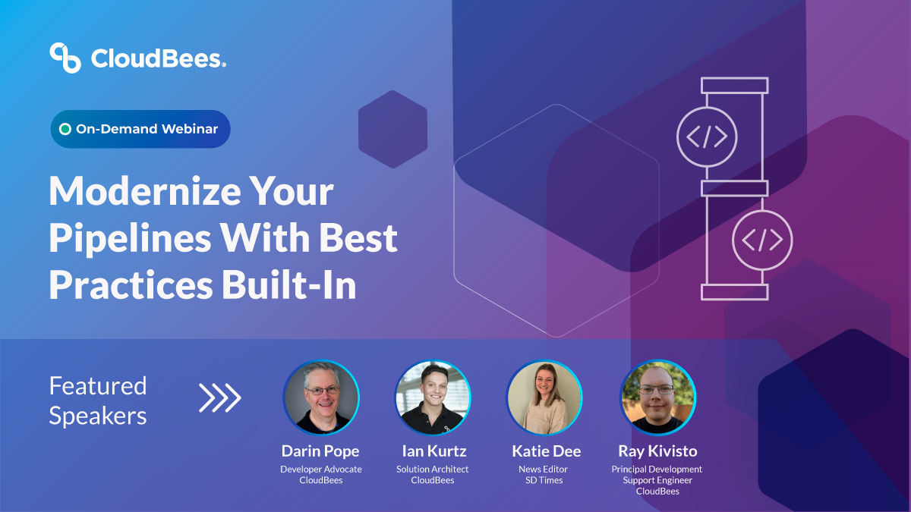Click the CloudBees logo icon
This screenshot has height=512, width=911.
pyautogui.click(x=65, y=58)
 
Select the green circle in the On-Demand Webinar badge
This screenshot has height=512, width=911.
pyautogui.click(x=65, y=129)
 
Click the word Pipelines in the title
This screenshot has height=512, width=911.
pyautogui.click(x=128, y=239)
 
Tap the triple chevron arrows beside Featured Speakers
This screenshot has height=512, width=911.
pyautogui.click(x=219, y=397)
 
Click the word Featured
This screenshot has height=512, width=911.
pyautogui.click(x=97, y=386)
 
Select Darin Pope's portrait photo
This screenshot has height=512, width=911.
pyautogui.click(x=321, y=397)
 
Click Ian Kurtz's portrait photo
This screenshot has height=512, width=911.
pyautogui.click(x=433, y=397)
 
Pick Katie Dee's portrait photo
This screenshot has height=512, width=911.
pyautogui.click(x=544, y=397)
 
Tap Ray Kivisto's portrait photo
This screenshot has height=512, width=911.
pyautogui.click(x=657, y=397)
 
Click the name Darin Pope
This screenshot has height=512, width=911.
pyautogui.click(x=321, y=451)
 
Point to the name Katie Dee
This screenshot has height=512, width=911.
pyautogui.click(x=546, y=451)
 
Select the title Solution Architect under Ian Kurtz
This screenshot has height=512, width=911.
pyautogui.click(x=433, y=470)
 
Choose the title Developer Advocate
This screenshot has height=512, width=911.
pyautogui.click(x=321, y=470)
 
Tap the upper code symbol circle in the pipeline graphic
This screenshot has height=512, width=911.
pyautogui.click(x=707, y=137)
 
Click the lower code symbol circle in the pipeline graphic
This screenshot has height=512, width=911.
pyautogui.click(x=761, y=240)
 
